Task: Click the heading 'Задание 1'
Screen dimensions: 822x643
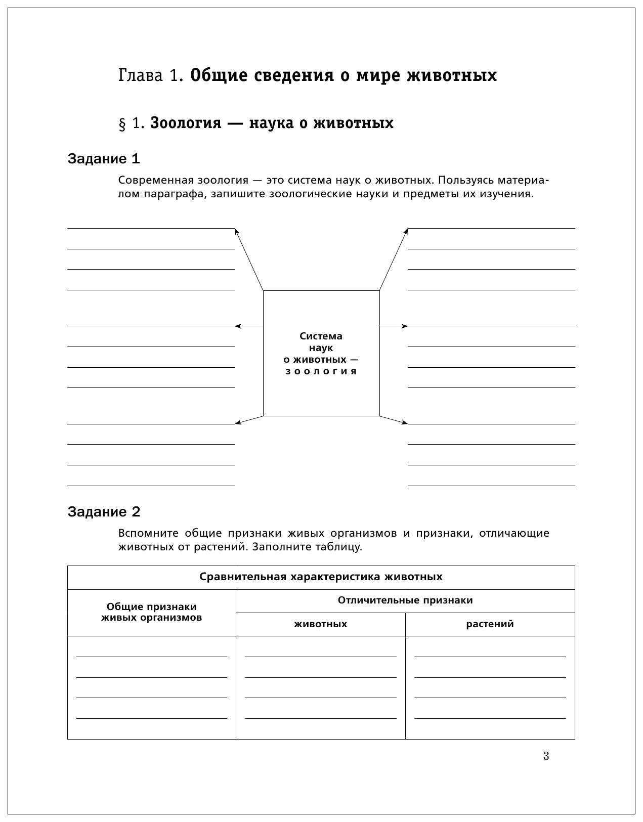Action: [104, 159]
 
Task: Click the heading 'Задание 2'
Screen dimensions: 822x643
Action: [104, 512]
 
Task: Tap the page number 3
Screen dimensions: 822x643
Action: [546, 756]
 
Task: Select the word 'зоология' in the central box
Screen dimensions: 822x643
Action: [321, 371]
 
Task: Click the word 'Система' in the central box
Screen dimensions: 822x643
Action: [321, 336]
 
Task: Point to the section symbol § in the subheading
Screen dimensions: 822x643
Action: [122, 123]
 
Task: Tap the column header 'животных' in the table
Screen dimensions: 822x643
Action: [321, 624]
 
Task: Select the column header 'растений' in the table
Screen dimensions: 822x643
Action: [490, 624]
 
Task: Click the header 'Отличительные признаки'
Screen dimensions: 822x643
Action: [405, 600]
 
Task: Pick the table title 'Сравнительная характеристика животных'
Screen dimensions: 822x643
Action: [321, 577]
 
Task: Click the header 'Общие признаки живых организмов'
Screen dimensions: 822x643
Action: [151, 612]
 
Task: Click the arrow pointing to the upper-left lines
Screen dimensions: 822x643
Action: [249, 259]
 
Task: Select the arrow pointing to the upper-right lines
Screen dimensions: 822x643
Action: [394, 259]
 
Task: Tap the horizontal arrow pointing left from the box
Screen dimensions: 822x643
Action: [249, 326]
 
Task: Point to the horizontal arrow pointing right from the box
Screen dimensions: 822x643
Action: [394, 326]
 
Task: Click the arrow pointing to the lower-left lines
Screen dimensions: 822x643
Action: [249, 420]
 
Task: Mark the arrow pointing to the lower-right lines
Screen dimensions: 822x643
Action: [394, 420]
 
